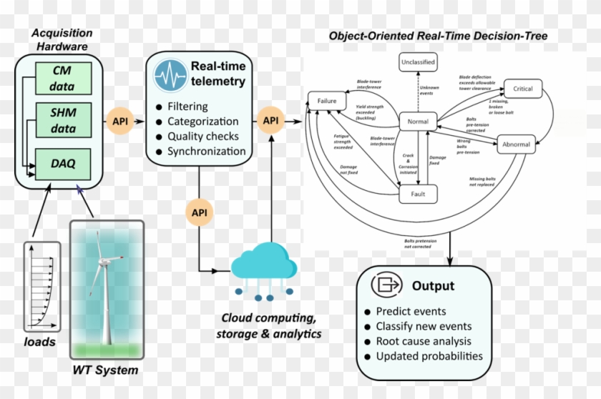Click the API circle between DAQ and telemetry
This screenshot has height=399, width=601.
pos(120,121)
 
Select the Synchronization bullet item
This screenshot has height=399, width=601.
pos(206,151)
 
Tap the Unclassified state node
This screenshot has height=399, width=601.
pos(417,62)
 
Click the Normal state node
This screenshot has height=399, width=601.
pos(418,122)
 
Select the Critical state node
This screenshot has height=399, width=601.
pos(522,89)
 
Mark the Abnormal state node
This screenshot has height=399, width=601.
pos(517,144)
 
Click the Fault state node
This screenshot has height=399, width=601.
pos(418,194)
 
